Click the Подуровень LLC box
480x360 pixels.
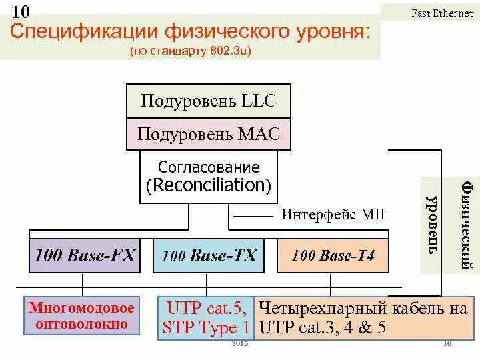(208, 102)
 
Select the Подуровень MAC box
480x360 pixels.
(208, 134)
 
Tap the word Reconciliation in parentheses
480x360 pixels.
(209, 185)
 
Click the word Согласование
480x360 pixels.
(209, 167)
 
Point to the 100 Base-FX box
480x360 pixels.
(85, 255)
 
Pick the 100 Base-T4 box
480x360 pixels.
(333, 255)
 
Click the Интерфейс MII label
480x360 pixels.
(333, 215)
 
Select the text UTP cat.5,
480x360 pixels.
(207, 308)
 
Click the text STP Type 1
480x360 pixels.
(207, 327)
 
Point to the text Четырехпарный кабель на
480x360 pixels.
(363, 308)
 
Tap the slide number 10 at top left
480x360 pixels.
(20, 11)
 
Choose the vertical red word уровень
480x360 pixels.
(432, 223)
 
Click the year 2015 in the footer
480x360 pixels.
(240, 343)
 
